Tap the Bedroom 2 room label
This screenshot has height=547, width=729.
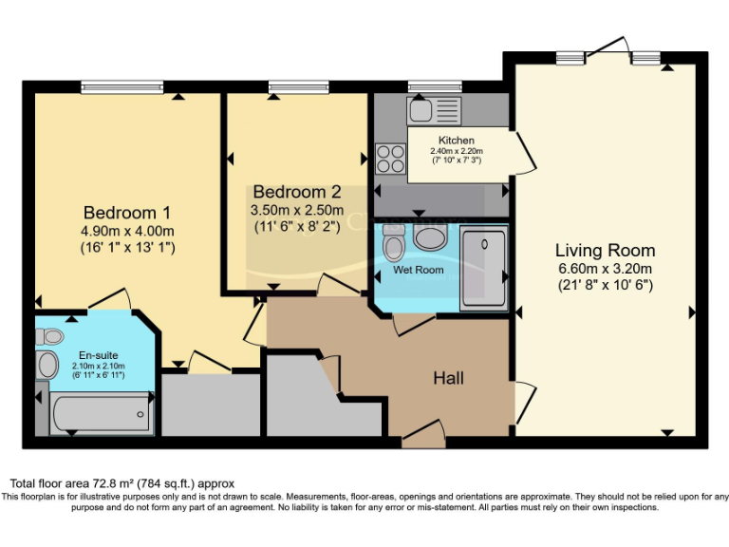coord(296,192)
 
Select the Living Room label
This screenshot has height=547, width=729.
coord(605,251)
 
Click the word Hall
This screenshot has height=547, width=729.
coord(448,378)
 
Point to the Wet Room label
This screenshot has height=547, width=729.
coord(419,270)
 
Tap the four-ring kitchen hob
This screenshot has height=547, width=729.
coord(389,155)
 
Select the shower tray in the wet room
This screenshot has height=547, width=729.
coord(483,268)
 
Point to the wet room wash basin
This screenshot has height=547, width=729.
coord(432,237)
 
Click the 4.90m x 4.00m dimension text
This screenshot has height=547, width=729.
coord(127,231)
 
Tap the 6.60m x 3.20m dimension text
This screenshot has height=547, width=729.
coord(605,269)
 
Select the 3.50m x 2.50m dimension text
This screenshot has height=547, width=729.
coord(296,210)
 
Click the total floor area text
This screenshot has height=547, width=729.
coord(121,483)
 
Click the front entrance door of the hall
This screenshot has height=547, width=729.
coord(423,439)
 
